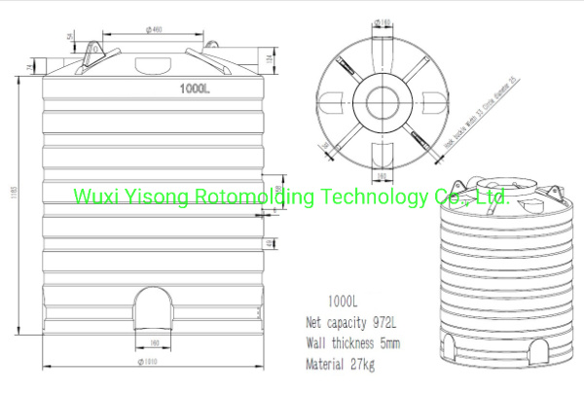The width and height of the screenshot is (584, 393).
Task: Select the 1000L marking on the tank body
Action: (x=195, y=89)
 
